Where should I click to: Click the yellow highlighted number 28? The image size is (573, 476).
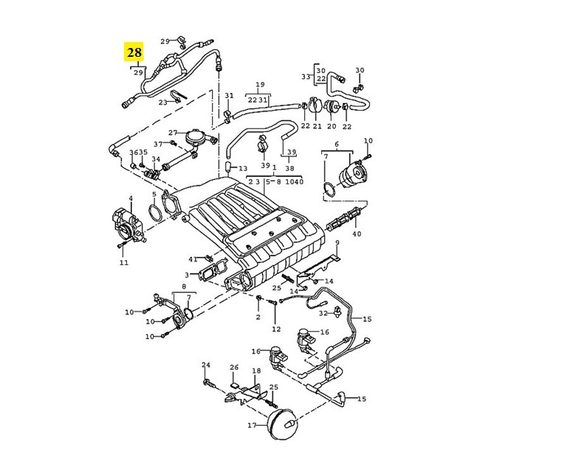coord(134,52)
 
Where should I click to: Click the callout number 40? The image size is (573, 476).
coord(357,233)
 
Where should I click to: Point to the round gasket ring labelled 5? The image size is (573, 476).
coord(156,213)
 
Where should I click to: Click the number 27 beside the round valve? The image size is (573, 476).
coord(173,133)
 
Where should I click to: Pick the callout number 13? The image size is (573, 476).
coord(243,168)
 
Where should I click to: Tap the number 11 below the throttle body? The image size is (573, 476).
coord(124,262)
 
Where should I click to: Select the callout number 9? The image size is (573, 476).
coord(337,243)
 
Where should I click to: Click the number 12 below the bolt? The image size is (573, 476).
coord(276,329)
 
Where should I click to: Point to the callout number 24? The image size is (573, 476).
coord(206,365)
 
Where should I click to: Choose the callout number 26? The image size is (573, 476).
coord(234,367)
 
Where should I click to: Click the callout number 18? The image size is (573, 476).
coord(256,370)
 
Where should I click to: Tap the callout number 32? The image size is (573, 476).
coord(323,313)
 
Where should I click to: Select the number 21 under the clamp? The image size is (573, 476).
coord(318,126)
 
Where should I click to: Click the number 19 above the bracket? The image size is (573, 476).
coord(260,85)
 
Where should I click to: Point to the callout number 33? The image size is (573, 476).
coord(306,77)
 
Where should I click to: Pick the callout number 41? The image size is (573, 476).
coord(193,259)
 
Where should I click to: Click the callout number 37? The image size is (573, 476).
coord(158,145)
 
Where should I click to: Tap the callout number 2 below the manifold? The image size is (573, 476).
coord(258,317)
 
